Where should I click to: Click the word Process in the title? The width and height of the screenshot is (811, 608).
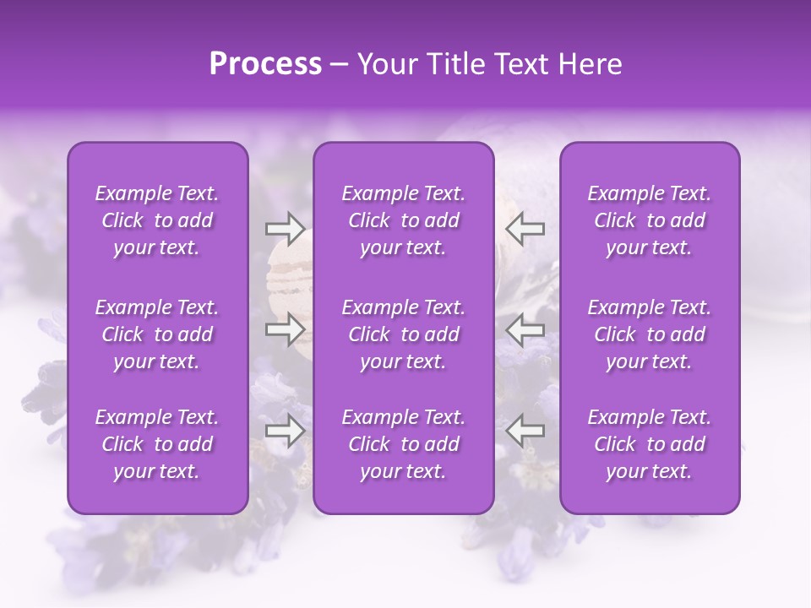tap(265, 64)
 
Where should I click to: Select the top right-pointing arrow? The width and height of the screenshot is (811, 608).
tap(285, 228)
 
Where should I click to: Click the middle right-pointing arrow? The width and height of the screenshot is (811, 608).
tap(285, 329)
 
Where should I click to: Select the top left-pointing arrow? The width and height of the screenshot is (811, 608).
tap(525, 228)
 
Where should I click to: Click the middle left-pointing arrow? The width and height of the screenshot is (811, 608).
tap(525, 329)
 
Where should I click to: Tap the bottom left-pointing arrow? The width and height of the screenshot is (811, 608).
tap(525, 431)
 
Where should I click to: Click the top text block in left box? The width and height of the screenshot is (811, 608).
tap(157, 220)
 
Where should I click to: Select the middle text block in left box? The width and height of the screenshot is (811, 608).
tap(157, 334)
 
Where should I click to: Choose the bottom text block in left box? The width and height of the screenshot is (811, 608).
tap(157, 444)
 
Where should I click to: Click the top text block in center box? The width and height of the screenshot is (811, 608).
tap(404, 220)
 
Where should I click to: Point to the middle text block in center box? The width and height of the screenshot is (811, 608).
tap(404, 334)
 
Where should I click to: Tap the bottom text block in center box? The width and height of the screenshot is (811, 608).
tap(404, 444)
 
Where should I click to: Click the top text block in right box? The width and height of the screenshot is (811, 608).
tap(650, 220)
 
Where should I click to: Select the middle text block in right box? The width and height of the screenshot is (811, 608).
tap(650, 334)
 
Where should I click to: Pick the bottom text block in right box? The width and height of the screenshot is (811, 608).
tap(650, 444)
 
